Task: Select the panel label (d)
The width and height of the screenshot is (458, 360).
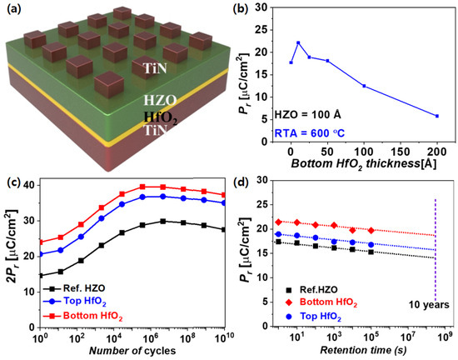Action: pos(244,183)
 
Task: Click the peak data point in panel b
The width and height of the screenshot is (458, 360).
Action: pos(298,42)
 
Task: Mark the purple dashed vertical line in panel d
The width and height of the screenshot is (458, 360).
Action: pos(436,258)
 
